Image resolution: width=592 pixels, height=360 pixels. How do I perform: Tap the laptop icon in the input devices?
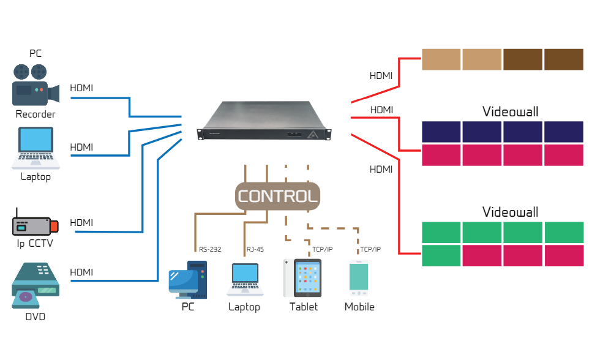click(36, 148)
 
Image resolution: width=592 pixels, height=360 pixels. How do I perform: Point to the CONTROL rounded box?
click(278, 196)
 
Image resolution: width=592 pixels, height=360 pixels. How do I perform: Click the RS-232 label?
click(210, 249)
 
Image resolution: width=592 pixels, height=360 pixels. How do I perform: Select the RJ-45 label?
click(255, 249)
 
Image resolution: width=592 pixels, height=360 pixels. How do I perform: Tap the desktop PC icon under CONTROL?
click(187, 280)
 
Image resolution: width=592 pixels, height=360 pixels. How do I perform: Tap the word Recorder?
click(36, 114)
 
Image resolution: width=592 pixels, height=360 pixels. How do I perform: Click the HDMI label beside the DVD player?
click(81, 272)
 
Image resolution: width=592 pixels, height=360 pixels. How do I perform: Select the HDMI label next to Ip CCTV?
click(81, 222)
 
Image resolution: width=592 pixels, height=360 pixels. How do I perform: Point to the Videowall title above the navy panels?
click(510, 111)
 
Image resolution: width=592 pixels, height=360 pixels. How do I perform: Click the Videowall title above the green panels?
click(510, 212)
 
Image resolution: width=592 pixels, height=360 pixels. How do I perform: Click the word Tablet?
click(304, 307)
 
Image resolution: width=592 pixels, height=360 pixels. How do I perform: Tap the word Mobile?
click(359, 307)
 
